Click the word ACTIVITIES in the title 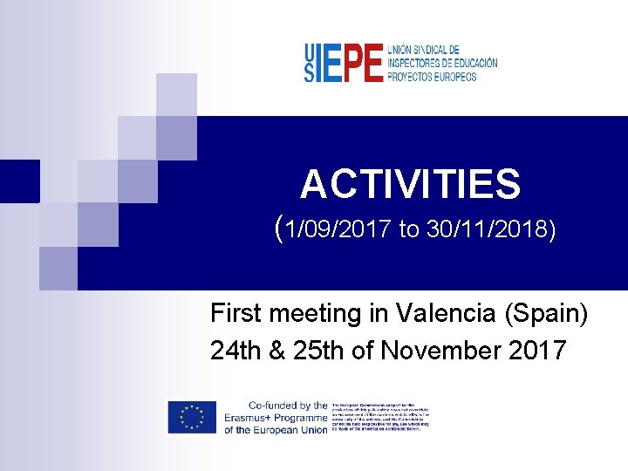[410, 185]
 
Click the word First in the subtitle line [235, 313]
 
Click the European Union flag [192, 418]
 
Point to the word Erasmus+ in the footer [253, 418]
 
